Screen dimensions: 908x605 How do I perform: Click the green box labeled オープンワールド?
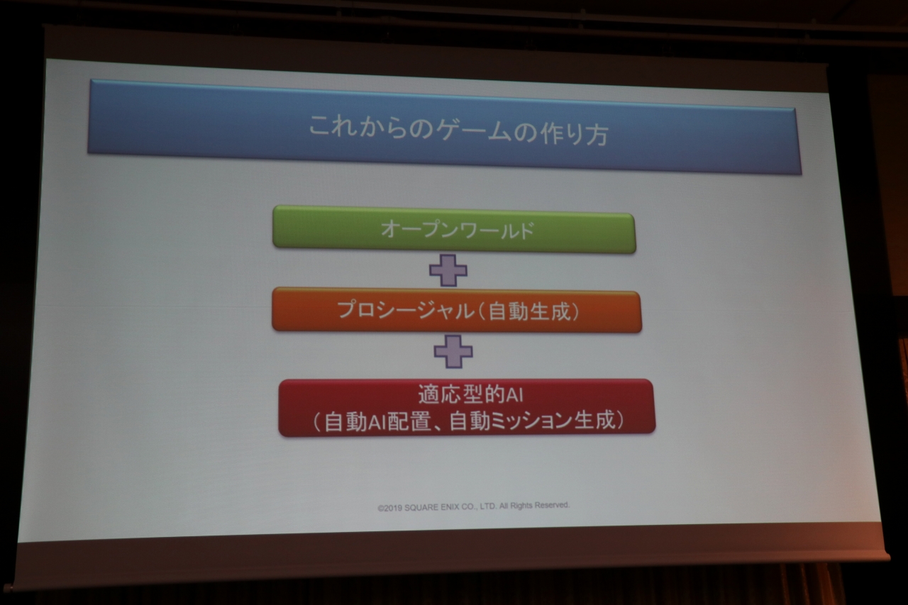pos(454,230)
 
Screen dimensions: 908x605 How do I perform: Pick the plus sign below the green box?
pos(448,271)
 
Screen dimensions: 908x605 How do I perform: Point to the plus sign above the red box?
pos(453,351)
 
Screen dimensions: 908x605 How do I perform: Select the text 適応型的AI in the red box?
pos(470,394)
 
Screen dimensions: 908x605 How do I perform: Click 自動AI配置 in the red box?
pos(377,421)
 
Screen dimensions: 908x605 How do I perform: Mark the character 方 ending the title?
pos(597,135)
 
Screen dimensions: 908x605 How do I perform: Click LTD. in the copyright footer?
pos(488,506)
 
